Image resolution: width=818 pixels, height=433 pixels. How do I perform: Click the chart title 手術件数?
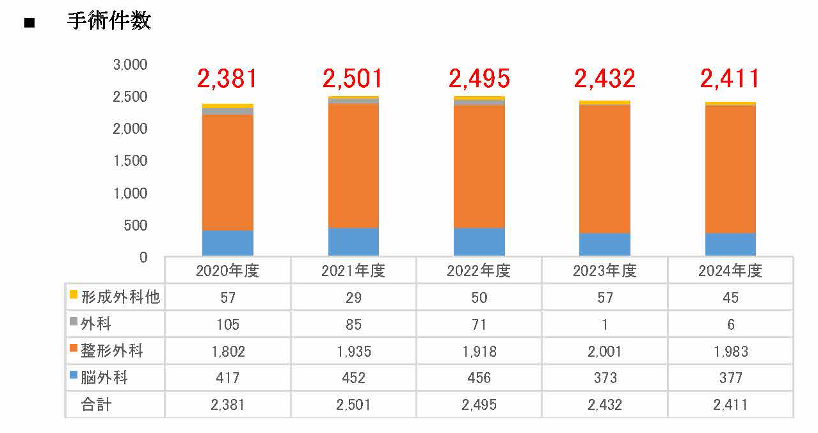tap(109, 21)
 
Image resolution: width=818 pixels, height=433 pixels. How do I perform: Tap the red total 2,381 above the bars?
tap(227, 79)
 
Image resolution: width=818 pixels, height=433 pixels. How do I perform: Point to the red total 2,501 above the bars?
tap(353, 79)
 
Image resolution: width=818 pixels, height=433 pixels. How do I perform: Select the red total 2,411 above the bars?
tap(730, 79)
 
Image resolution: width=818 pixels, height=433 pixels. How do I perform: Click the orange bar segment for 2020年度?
tap(227, 173)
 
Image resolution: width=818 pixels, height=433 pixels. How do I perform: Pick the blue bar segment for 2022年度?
tap(479, 242)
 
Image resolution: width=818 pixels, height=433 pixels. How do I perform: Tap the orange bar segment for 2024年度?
tap(730, 170)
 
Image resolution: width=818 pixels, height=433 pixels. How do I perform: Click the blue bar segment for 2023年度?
tap(605, 245)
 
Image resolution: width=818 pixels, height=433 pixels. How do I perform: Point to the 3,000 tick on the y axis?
tap(130, 65)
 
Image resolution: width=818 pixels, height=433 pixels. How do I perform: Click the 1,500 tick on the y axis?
tap(130, 161)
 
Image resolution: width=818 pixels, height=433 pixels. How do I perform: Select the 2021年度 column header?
tap(353, 271)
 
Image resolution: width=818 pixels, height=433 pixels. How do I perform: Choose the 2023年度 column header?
tap(605, 271)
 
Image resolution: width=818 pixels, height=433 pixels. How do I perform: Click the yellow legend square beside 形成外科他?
tap(74, 295)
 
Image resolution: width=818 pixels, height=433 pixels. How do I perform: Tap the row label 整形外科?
tap(112, 351)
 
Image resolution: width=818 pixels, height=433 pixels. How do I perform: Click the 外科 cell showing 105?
tap(227, 325)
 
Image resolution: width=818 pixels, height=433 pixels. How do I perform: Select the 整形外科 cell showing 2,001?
tap(605, 352)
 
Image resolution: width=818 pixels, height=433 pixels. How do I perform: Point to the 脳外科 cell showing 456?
tap(479, 378)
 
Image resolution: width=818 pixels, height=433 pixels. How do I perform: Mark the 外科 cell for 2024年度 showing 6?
tap(730, 325)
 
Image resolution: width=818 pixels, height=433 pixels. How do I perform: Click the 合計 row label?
tap(96, 405)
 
